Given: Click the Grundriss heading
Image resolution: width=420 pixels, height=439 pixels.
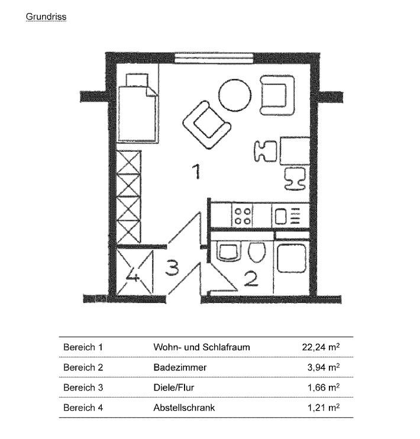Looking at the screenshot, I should tap(46, 17).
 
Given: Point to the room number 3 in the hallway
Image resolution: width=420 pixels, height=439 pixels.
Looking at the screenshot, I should tap(171, 268).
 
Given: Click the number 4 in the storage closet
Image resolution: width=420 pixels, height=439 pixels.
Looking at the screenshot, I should tap(134, 276).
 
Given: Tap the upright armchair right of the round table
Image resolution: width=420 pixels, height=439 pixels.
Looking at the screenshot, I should tap(277, 95).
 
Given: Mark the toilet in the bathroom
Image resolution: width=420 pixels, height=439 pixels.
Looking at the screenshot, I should tap(256, 253).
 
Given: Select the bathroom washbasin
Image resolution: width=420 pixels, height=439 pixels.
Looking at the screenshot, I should tap(228, 252).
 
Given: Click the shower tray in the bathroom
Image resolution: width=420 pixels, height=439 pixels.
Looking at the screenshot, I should tap(292, 258).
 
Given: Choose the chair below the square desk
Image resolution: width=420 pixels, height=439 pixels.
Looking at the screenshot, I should tap(294, 177).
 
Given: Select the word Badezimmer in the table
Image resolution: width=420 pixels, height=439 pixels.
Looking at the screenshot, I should tap(180, 368).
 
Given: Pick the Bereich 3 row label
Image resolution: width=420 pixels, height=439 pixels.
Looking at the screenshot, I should tap(83, 388).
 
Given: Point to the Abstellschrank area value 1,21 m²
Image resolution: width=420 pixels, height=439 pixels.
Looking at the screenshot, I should tap(323, 408).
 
